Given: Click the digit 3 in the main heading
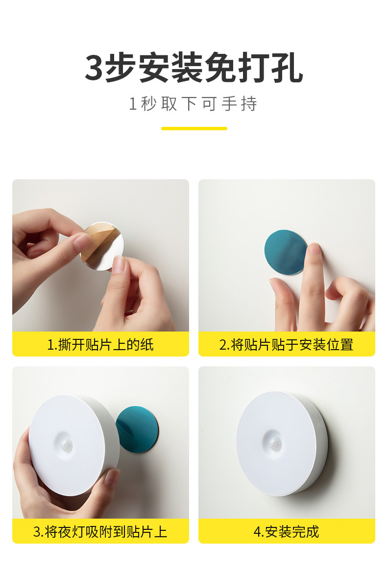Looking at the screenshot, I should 94,69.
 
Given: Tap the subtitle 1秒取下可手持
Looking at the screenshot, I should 193,104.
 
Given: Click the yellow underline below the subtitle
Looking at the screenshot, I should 194,128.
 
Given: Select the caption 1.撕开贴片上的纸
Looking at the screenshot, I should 100,344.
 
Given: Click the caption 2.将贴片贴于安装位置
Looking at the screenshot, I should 286,344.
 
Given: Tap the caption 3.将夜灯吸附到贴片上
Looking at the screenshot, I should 100,531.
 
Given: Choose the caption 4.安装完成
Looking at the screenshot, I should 286,531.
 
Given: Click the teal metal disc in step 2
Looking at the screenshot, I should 284,253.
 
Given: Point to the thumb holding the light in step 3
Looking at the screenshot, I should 109,482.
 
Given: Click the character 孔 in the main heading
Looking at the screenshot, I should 288,69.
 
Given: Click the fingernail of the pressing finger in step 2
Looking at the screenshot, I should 314,248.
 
